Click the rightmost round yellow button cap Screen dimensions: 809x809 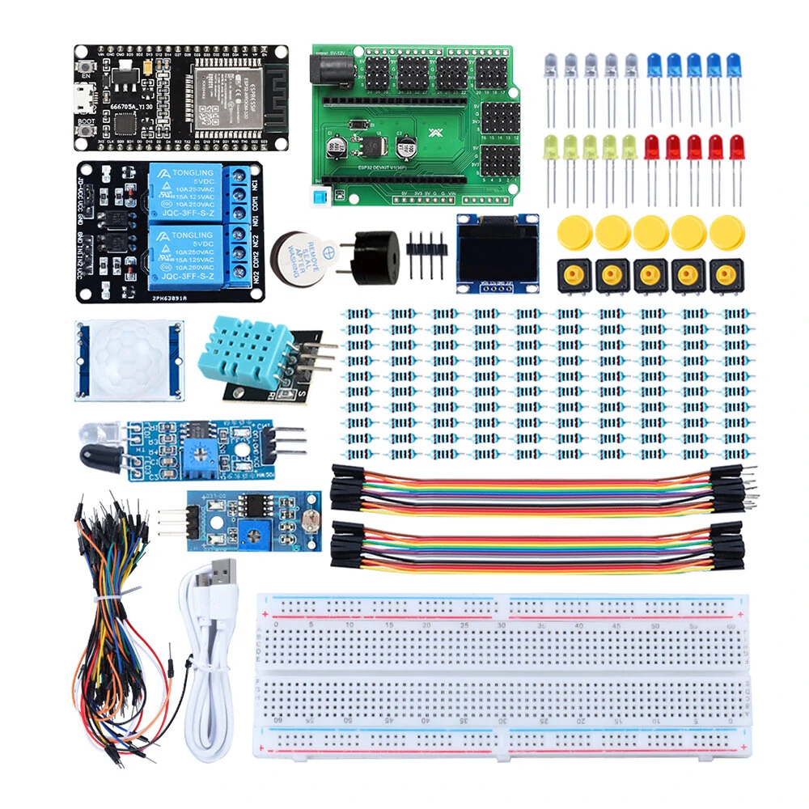726,232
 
